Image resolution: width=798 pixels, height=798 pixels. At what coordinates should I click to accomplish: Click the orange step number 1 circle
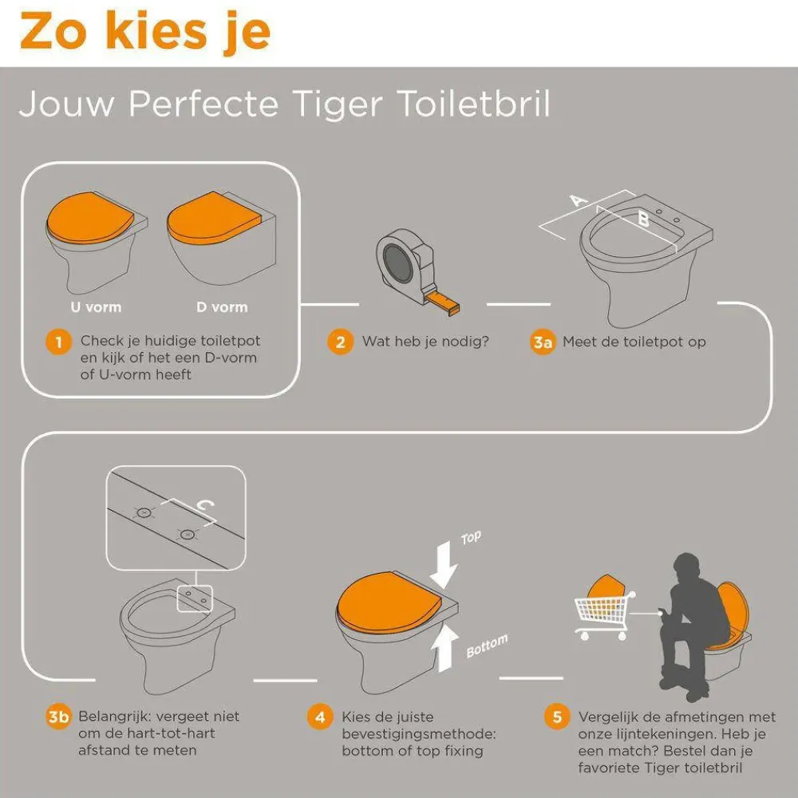click(x=58, y=343)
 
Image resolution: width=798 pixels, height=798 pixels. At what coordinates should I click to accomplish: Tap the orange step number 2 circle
click(x=340, y=342)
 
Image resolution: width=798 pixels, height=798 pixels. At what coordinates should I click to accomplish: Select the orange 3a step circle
click(x=543, y=342)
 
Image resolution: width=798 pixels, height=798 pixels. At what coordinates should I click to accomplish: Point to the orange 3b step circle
click(x=58, y=717)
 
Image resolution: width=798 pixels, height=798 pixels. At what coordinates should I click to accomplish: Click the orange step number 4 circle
click(x=320, y=717)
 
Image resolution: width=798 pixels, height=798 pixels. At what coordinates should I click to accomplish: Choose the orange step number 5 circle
click(x=556, y=717)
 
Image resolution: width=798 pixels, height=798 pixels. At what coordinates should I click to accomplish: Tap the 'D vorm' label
click(x=222, y=307)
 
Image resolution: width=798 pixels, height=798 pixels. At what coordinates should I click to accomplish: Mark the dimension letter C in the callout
click(x=203, y=504)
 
